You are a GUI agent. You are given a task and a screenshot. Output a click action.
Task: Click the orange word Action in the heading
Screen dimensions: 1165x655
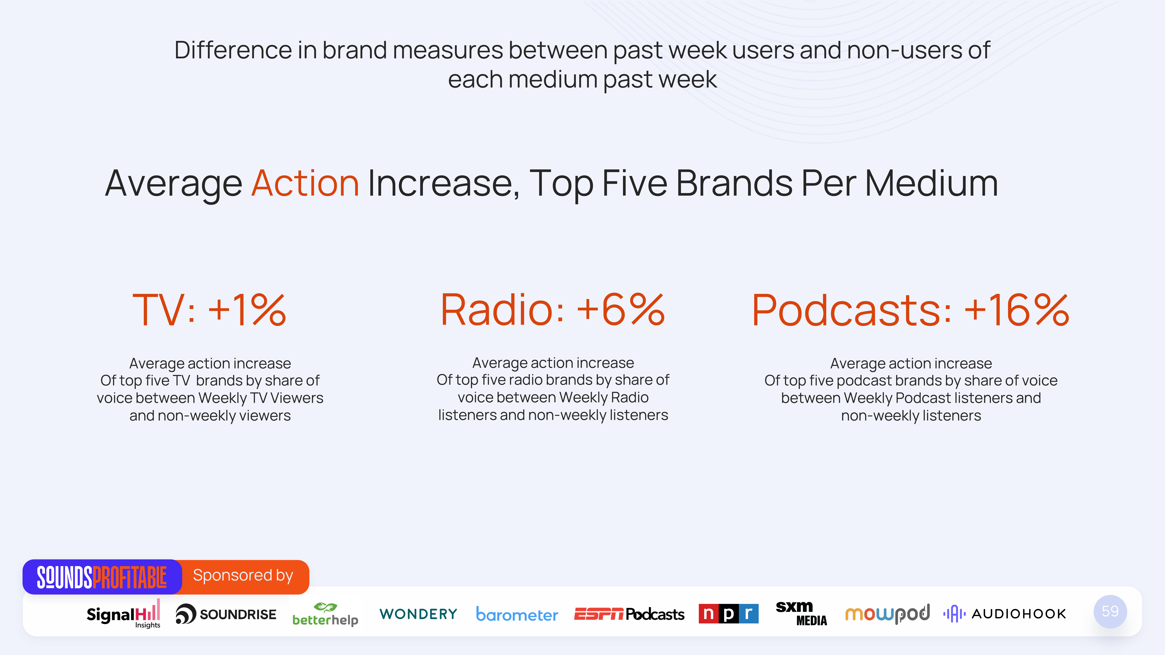305,184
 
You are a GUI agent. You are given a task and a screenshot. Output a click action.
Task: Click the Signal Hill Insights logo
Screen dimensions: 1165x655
123,614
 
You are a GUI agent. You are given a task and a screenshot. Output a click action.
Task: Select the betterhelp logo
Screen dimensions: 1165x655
325,615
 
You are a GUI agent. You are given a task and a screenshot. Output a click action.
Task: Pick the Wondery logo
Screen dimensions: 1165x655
418,614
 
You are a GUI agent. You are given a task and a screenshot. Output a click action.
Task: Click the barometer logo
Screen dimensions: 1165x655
517,614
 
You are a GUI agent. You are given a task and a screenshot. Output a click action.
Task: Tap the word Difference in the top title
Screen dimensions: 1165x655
233,50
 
